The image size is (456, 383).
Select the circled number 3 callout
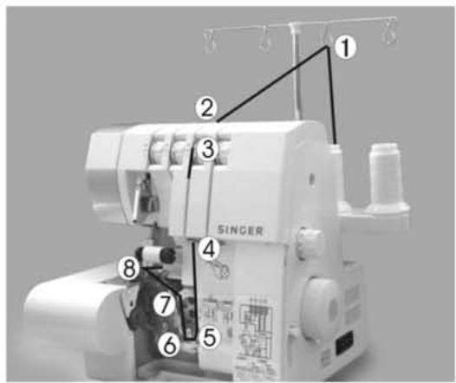click(205, 149)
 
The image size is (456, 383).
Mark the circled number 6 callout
click(171, 345)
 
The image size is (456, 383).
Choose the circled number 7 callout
click(165, 305)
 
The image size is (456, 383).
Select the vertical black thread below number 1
click(333, 95)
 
